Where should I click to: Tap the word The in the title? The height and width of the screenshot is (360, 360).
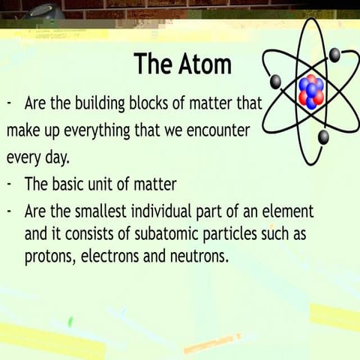click(153, 64)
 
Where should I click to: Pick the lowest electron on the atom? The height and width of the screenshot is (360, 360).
click(323, 136)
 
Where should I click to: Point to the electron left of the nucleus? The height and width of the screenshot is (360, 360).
click(276, 81)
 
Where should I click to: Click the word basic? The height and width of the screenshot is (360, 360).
click(74, 184)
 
